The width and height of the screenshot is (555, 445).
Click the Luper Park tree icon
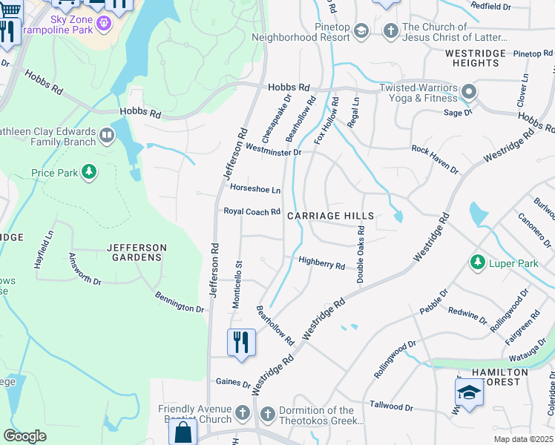(477, 263)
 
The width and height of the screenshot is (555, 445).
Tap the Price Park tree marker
(89, 173)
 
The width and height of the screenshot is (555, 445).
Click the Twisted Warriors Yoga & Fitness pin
(468, 93)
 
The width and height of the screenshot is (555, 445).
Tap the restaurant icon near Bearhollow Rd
(241, 343)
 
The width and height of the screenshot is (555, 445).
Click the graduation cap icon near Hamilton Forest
(468, 392)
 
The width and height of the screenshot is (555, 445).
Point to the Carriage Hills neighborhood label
(329, 215)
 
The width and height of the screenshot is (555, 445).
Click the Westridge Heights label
(475, 58)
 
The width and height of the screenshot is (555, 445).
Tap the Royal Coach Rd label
(252, 211)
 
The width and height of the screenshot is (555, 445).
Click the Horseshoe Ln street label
(255, 190)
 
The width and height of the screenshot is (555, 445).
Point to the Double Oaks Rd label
(361, 254)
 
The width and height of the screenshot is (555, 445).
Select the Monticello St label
(238, 284)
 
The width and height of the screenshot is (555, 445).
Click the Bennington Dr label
(179, 303)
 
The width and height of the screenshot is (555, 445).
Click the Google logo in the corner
(24, 436)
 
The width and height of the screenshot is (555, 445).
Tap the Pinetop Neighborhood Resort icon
(361, 30)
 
